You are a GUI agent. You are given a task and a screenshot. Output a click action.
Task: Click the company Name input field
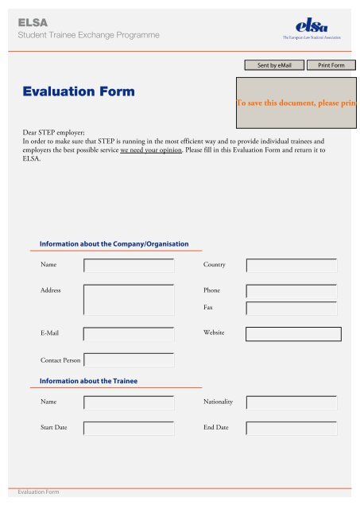pos(128,265)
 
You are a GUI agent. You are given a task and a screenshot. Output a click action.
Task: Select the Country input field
pos(291,265)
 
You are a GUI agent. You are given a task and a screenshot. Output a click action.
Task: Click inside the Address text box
pos(128,300)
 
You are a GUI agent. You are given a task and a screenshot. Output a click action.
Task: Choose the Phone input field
pos(291,291)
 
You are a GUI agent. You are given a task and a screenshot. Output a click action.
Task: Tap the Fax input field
pos(291,308)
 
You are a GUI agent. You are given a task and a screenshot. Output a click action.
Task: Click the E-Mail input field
pos(128,334)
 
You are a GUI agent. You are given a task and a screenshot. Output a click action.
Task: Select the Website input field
pos(293,334)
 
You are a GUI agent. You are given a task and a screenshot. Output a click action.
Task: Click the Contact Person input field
pos(128,360)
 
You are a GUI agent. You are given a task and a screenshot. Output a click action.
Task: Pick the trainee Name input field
pos(128,402)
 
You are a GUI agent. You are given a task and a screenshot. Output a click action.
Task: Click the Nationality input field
pos(291,402)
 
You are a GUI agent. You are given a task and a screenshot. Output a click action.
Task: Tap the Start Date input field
pos(128,429)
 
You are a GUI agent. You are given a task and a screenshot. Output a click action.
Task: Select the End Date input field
pos(291,429)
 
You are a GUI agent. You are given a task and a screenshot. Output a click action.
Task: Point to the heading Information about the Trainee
pos(89,381)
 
